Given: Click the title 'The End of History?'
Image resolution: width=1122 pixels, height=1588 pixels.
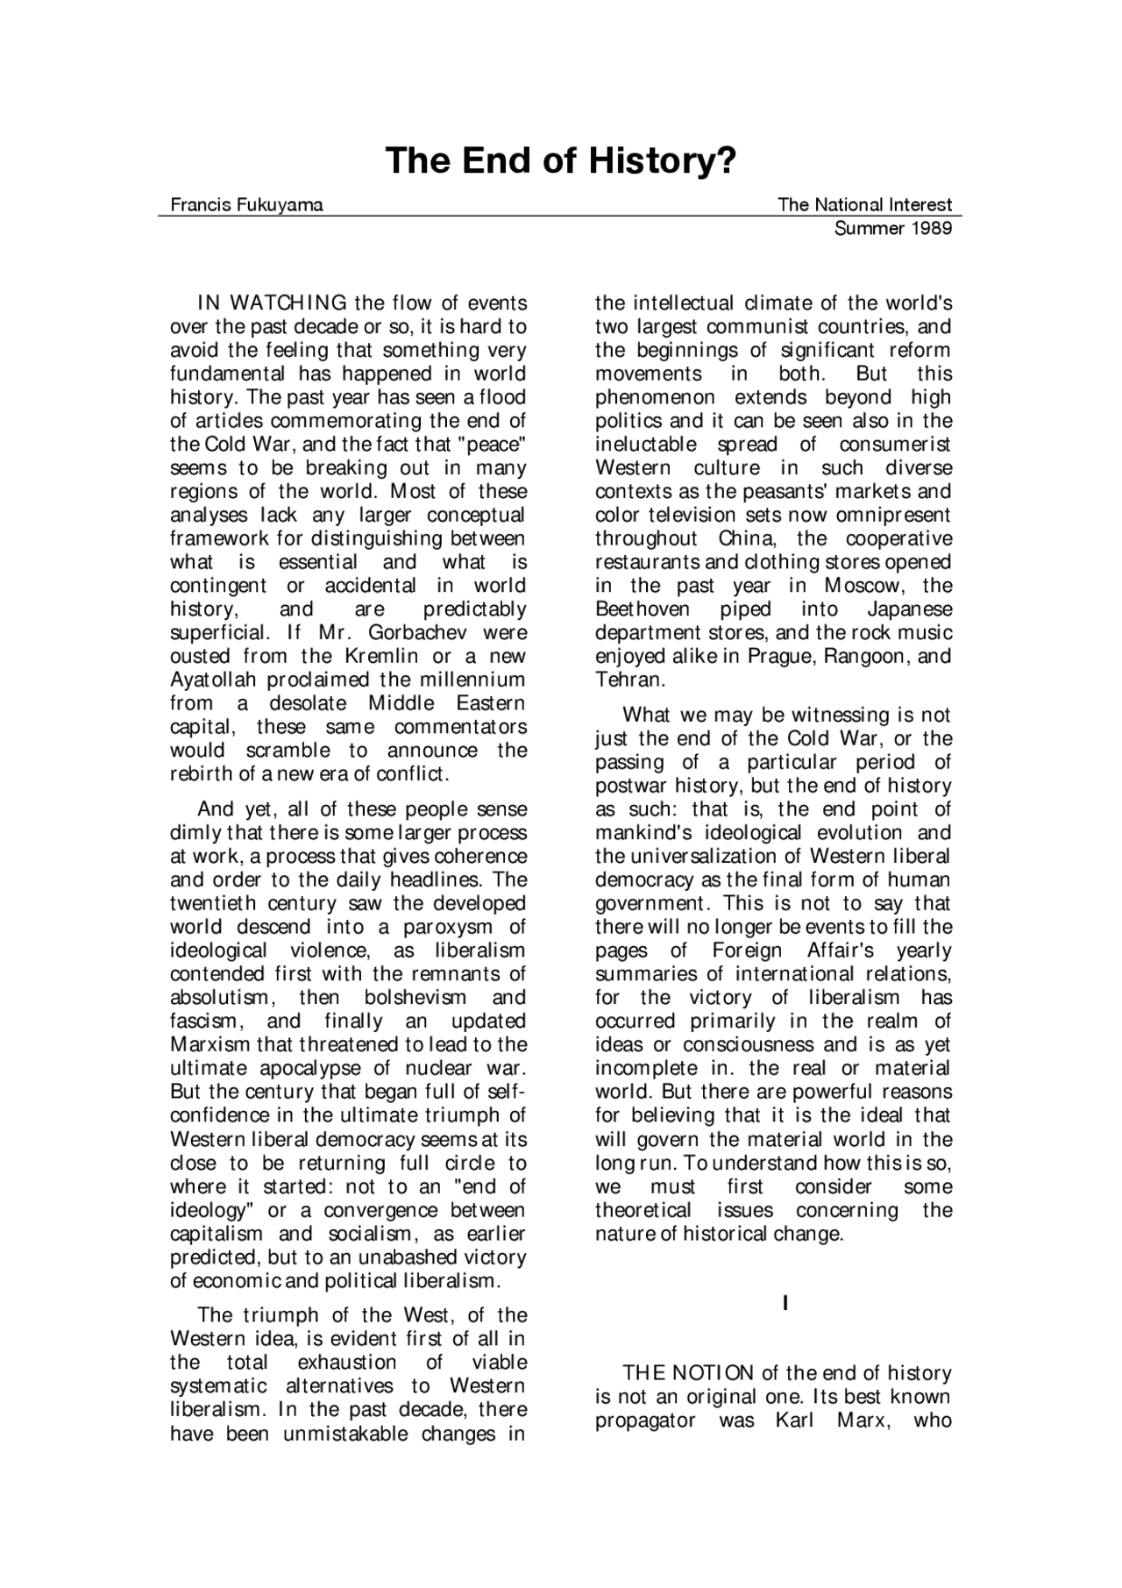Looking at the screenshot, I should (x=561, y=161).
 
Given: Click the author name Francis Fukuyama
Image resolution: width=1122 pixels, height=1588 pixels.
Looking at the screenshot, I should (x=246, y=205).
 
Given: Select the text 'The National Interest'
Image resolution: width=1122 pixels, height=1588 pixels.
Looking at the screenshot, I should (x=864, y=205).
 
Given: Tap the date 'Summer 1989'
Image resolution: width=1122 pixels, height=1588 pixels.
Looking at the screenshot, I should (x=892, y=229).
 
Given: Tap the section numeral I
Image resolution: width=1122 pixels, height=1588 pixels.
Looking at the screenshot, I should (x=785, y=1304).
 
